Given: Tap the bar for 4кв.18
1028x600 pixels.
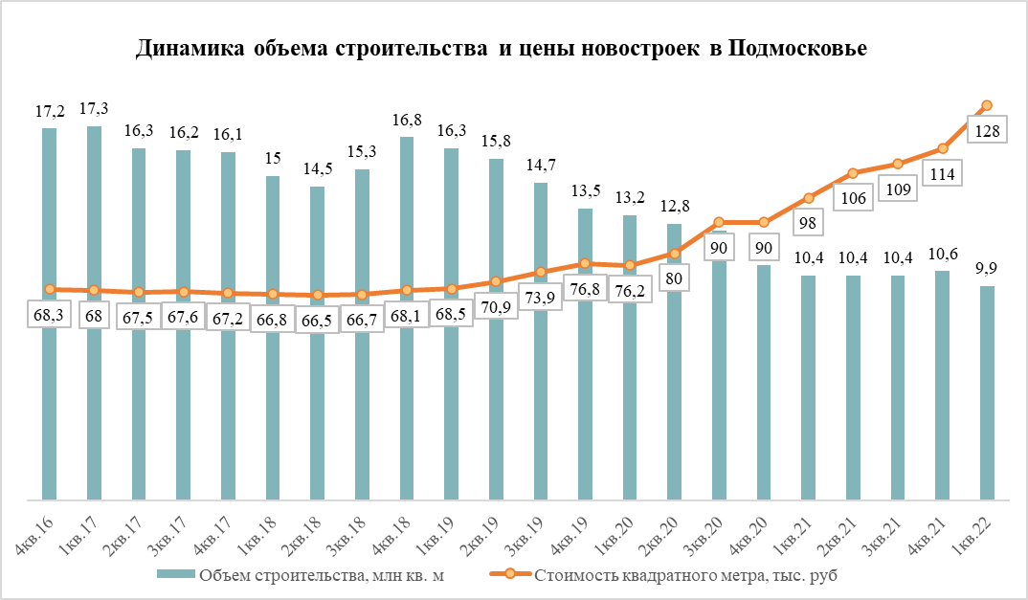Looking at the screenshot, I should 407,402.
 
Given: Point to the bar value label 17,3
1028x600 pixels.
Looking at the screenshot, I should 94,109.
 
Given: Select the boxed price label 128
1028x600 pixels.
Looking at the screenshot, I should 986,131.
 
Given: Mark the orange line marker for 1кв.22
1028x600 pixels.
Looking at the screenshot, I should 988,105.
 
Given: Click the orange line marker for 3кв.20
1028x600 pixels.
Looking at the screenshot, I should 720,222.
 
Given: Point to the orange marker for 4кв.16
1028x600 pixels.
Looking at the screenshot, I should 50,289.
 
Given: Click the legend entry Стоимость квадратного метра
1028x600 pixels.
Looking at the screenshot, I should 685,576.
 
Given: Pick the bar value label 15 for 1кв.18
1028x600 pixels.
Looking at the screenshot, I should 273,159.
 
